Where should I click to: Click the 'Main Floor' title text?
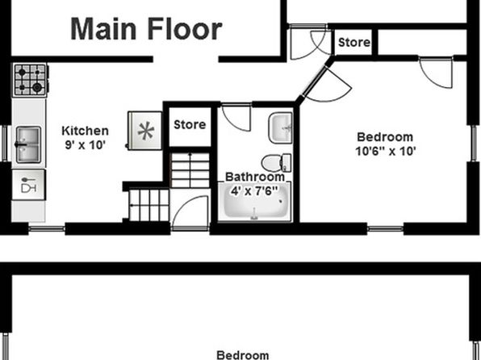click(146, 29)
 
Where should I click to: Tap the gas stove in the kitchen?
click(30, 80)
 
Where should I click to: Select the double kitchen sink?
click(28, 144)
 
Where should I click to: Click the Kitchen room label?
click(85, 131)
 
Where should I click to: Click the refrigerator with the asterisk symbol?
click(144, 131)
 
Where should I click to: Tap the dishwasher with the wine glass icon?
click(28, 185)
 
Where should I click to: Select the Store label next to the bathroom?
click(190, 124)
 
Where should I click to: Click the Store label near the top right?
click(354, 42)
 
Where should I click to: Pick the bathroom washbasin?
click(281, 128)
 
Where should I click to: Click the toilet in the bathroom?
click(277, 163)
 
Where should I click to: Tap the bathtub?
click(254, 201)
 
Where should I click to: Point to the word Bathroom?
click(255, 177)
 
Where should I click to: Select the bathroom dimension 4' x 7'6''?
click(254, 190)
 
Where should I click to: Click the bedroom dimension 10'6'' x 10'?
click(386, 151)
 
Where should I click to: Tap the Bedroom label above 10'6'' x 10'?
click(385, 137)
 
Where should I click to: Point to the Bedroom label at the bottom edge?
click(243, 355)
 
